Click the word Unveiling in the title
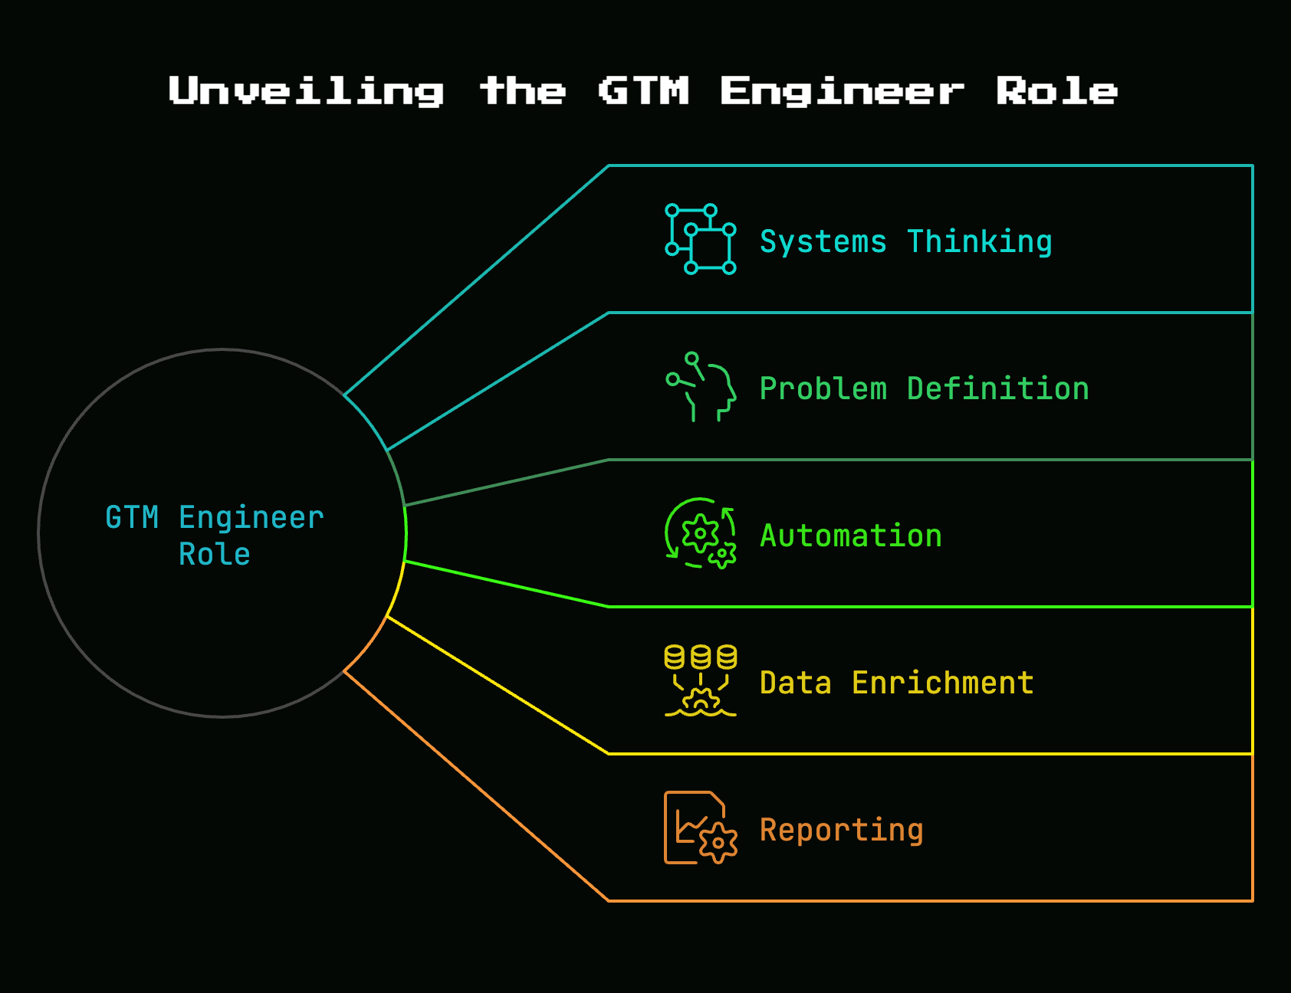307,92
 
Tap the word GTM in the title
644,90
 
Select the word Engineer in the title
842,92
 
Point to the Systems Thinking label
905,242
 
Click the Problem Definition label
924,389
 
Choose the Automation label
851,536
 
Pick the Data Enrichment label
896,683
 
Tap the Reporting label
841,831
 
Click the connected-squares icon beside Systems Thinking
701,239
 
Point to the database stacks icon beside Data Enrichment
701,681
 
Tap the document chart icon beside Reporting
701,827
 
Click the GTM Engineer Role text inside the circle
215,536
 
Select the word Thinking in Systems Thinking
979,242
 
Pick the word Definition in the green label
997,389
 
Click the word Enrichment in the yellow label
942,683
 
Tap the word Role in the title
1056,90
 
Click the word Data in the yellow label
796,683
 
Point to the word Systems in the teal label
823,242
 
